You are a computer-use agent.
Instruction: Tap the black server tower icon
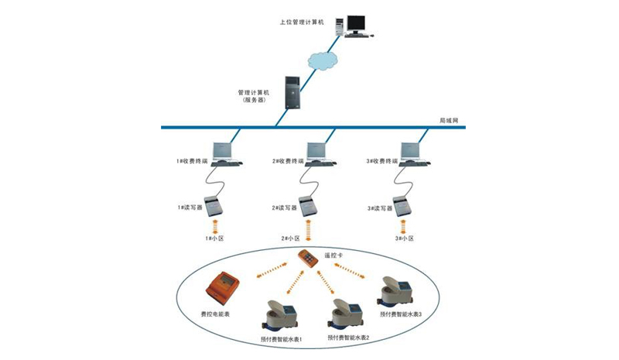[x=292, y=92]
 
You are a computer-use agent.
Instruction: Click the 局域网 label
[x=450, y=121]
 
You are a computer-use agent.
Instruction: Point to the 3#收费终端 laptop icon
[x=411, y=153]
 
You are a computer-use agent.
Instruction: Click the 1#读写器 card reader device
[x=216, y=204]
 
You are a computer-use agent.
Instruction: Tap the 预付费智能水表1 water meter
[x=280, y=316]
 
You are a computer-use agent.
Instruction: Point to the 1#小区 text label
[x=214, y=238]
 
